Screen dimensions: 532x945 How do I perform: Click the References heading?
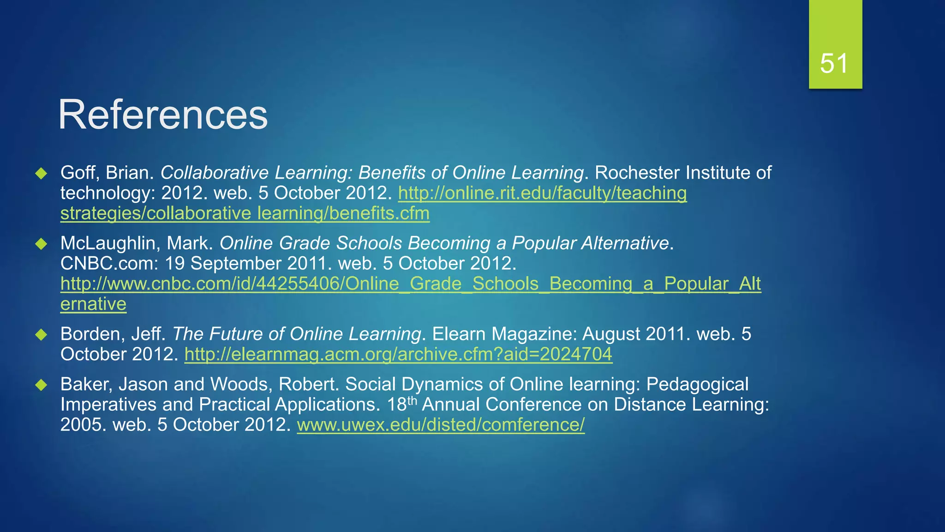click(162, 115)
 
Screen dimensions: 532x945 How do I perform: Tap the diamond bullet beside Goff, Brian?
click(42, 174)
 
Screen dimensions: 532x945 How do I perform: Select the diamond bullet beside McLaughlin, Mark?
click(42, 244)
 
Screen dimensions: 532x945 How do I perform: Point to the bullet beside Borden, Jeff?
click(42, 335)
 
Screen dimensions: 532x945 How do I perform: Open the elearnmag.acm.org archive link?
click(398, 355)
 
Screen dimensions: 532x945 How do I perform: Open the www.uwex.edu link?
click(441, 425)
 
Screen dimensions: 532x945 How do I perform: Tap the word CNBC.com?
click(109, 264)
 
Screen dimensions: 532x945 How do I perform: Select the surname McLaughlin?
click(110, 243)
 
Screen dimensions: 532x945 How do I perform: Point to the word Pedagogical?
click(697, 385)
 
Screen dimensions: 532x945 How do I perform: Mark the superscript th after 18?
click(412, 400)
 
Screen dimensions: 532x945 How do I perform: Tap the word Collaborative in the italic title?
click(214, 173)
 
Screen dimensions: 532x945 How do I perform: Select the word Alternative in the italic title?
click(625, 243)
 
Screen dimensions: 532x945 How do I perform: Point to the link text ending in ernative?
click(93, 304)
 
